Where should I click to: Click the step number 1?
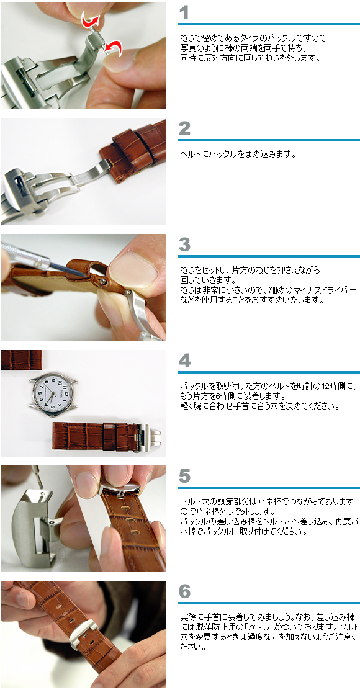pos(184,13)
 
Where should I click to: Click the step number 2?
pos(184,128)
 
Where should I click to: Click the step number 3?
pos(184,244)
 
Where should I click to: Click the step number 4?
pos(184,361)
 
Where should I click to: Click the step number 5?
pos(184,476)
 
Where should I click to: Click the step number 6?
pos(184,591)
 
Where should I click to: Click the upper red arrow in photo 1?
pos(92,22)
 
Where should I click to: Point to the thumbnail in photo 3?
pos(133,268)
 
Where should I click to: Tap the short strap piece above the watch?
pos(20,359)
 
